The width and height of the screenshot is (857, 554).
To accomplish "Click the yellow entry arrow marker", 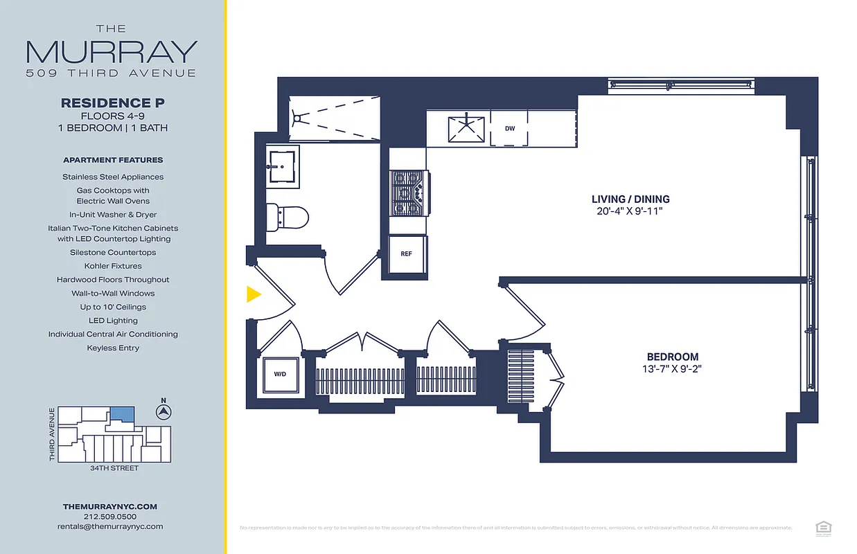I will click(254, 294).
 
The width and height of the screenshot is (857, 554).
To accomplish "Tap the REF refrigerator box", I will click(407, 254).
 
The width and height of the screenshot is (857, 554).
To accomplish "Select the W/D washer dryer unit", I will click(280, 375).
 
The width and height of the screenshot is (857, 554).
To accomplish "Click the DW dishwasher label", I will click(510, 129).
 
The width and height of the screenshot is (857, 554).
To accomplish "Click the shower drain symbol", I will click(297, 118).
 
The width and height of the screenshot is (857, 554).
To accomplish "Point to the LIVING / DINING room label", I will click(630, 199).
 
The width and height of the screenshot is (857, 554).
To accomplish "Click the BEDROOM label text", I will click(672, 357).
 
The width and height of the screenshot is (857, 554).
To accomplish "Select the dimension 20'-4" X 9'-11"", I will click(630, 211).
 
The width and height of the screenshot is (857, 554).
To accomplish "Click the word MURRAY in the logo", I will click(112, 52).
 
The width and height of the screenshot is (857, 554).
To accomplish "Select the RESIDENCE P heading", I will click(113, 102).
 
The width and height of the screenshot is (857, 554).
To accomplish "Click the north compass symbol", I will click(164, 412).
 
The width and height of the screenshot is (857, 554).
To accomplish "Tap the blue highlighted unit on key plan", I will click(123, 413).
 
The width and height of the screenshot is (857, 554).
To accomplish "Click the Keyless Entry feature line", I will click(113, 348).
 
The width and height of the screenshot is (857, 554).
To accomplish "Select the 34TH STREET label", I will click(114, 468).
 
